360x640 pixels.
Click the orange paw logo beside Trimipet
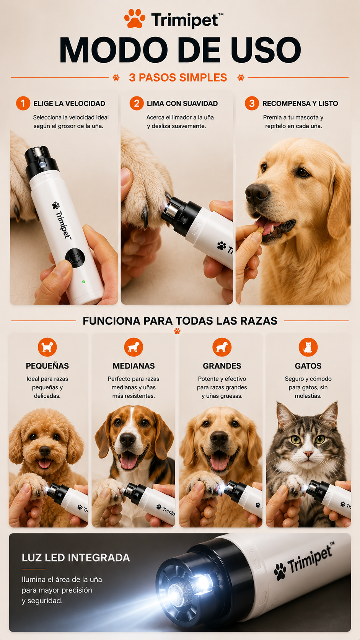click(x=135, y=19)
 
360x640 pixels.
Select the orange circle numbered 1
click(x=23, y=103)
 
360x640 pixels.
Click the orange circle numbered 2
click(x=137, y=103)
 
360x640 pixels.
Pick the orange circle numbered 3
click(x=252, y=103)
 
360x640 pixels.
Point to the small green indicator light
click(x=84, y=282)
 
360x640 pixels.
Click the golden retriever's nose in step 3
click(x=256, y=193)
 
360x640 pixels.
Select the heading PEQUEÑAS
click(x=47, y=366)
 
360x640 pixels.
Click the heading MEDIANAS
click(x=134, y=366)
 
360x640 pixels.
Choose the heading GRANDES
click(x=222, y=366)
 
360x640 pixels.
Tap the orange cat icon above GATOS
click(x=308, y=347)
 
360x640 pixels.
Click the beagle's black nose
click(x=127, y=439)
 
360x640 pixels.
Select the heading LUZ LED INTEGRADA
click(x=76, y=557)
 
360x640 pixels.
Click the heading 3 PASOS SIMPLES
click(x=178, y=77)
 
